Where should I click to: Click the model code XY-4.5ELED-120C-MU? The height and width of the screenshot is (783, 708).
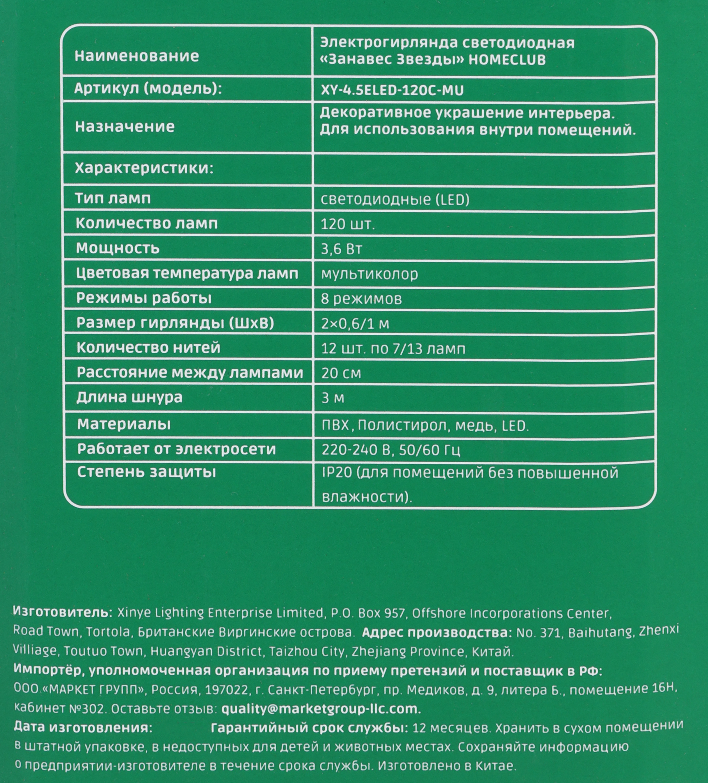click(x=392, y=90)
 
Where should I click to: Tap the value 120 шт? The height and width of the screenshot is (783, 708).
click(x=347, y=224)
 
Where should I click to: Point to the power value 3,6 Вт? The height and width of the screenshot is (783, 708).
click(x=341, y=249)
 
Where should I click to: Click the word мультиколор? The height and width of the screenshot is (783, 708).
click(x=369, y=274)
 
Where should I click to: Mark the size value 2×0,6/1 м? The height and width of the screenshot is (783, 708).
click(x=355, y=324)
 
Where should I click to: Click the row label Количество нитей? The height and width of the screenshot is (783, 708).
click(x=148, y=347)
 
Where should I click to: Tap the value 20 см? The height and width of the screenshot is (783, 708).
click(x=341, y=373)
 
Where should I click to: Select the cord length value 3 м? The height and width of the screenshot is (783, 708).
click(x=332, y=398)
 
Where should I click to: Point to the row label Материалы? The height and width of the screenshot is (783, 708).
click(x=124, y=424)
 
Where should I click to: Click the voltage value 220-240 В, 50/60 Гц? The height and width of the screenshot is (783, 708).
click(x=391, y=450)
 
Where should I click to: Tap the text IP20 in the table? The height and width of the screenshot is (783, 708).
click(x=337, y=473)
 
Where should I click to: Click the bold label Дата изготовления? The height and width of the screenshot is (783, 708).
click(x=83, y=728)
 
